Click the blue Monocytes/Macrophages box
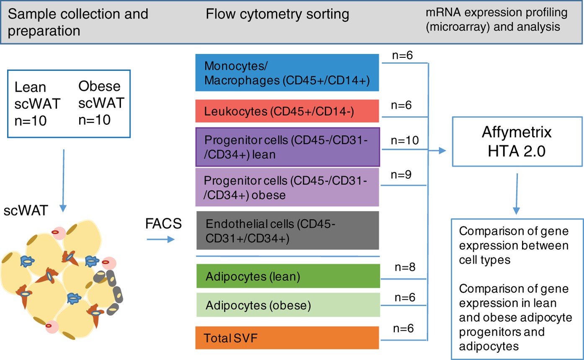click(287, 72)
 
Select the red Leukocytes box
click(287, 111)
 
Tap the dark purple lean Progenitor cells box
click(287, 147)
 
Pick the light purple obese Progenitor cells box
click(287, 187)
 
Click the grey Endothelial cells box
click(287, 231)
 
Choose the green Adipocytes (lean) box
click(287, 276)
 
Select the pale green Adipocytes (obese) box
click(287, 305)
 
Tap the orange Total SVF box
click(287, 337)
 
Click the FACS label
click(164, 224)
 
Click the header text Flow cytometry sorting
click(277, 14)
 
